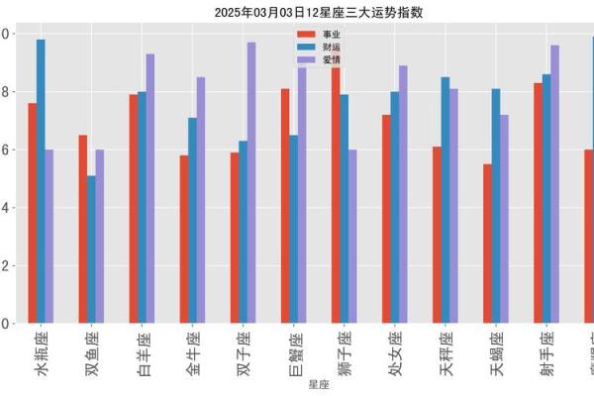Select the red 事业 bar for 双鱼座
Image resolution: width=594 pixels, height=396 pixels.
(82, 229)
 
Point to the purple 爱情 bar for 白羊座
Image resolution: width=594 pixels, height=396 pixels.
(150, 188)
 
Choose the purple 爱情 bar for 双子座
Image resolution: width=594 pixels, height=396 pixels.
(251, 182)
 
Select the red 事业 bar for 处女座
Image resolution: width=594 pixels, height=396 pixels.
(386, 219)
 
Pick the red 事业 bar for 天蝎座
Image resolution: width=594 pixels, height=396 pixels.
(487, 244)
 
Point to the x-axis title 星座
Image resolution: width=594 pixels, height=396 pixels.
(319, 383)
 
